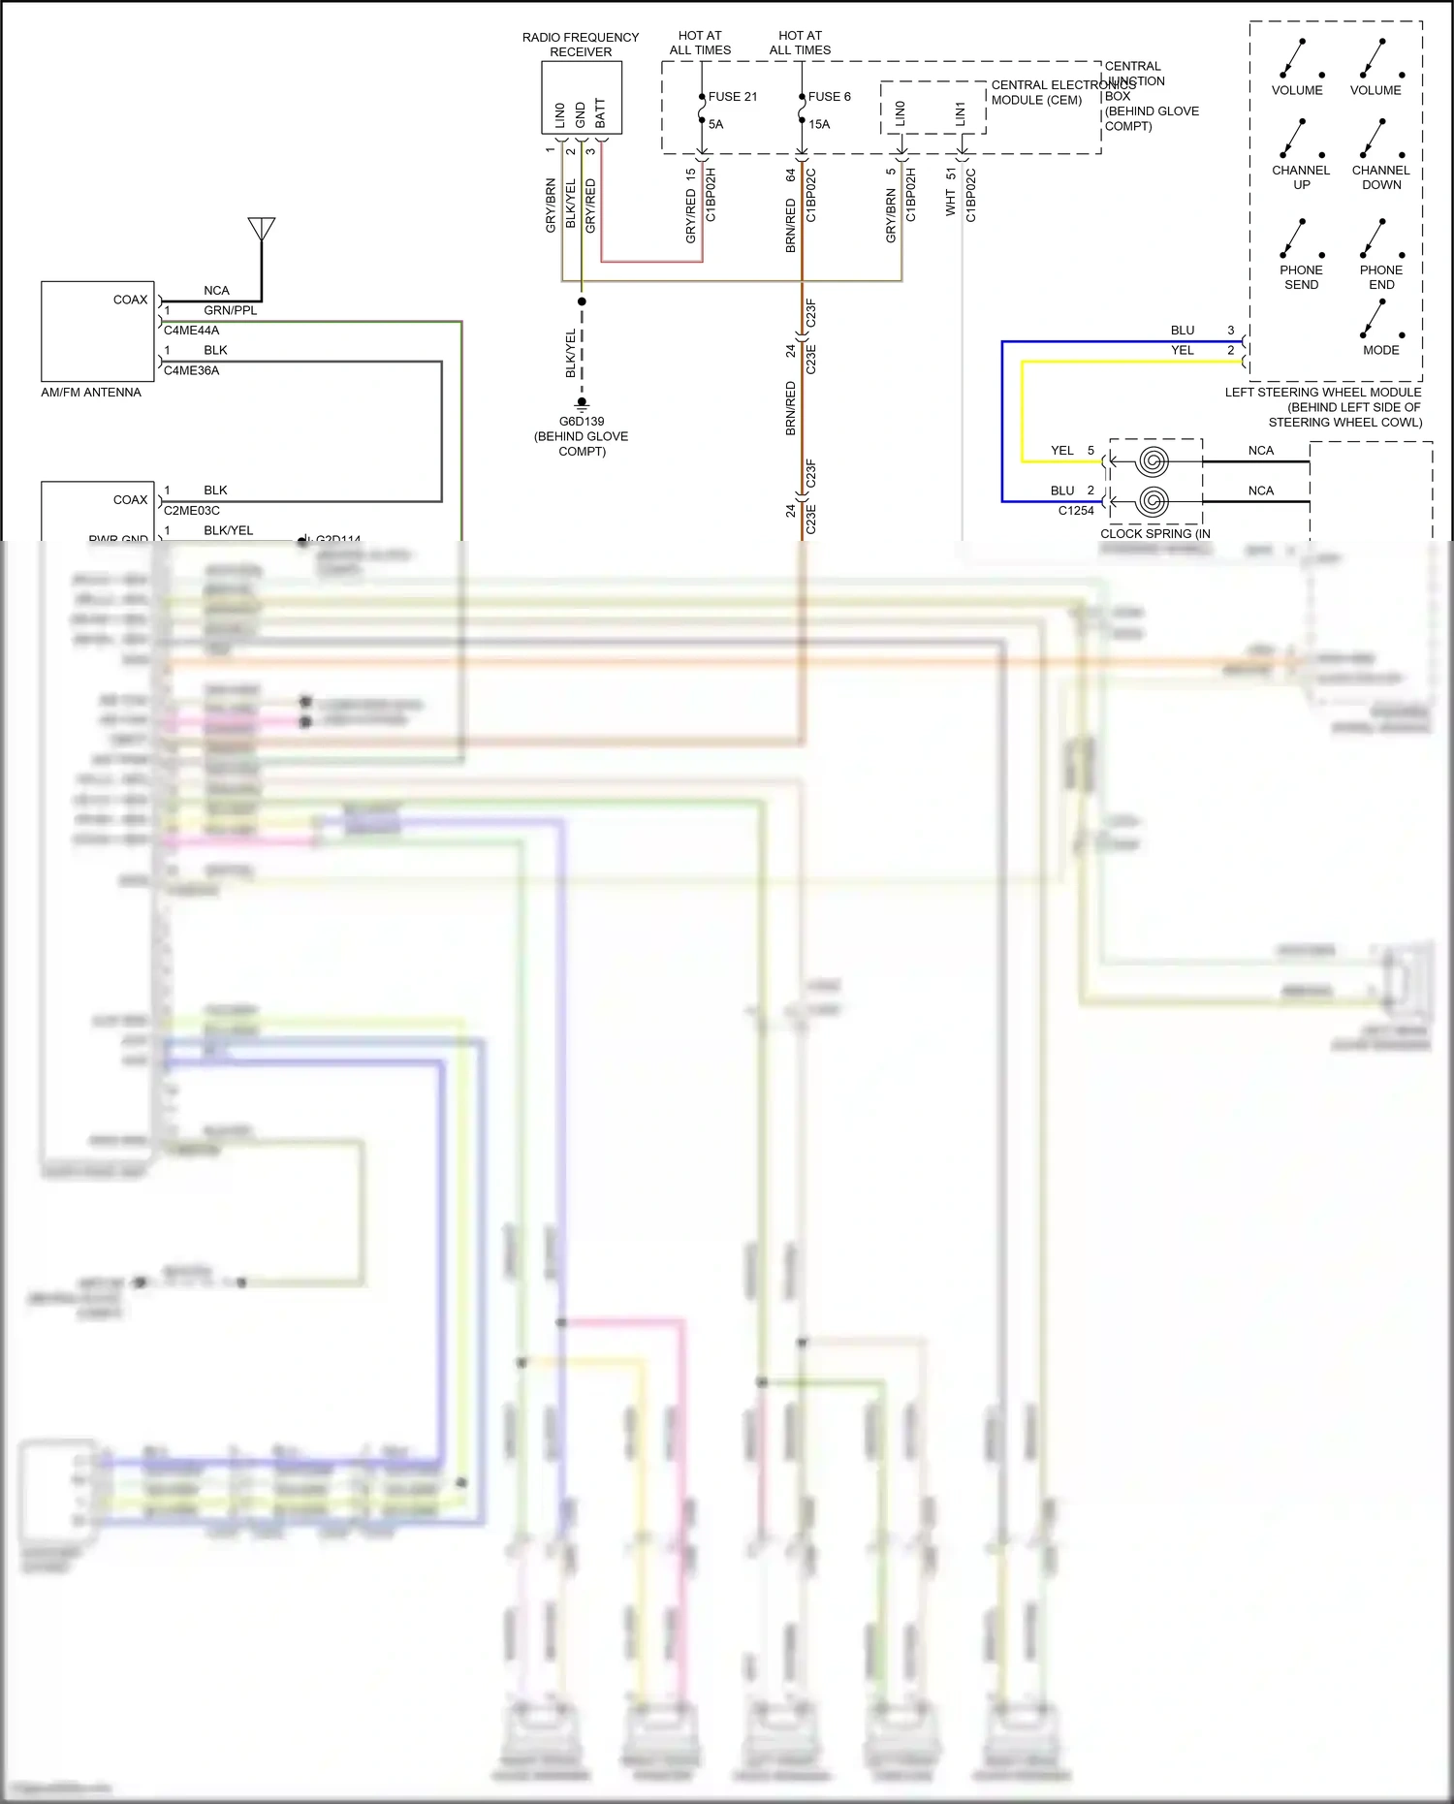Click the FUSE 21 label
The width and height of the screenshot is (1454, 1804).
coord(732,97)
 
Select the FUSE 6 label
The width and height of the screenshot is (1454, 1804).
coord(829,97)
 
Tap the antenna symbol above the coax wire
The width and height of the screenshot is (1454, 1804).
coord(262,229)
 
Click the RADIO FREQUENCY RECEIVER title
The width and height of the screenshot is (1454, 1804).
coord(581,45)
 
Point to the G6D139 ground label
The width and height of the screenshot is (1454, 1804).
coord(582,422)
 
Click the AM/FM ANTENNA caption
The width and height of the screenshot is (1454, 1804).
coord(91,393)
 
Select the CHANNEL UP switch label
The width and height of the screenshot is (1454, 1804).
coord(1301,177)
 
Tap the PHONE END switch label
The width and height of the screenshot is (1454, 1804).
coord(1381,277)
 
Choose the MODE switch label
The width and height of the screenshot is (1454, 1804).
coord(1381,350)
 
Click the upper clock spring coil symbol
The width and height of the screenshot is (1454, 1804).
coord(1153,460)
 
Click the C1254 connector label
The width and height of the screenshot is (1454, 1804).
coord(1076,511)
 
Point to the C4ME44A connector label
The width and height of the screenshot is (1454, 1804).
coord(191,331)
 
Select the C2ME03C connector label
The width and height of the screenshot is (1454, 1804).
coord(191,511)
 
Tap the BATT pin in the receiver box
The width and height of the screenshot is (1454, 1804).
coord(600,112)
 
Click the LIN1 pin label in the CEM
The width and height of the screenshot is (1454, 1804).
coord(960,113)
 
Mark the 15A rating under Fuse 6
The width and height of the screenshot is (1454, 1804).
coord(819,124)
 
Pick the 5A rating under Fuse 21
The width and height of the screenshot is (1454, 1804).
coord(715,124)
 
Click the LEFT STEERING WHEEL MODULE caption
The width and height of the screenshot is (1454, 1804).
coord(1323,393)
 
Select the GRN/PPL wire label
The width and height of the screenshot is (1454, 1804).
coord(231,310)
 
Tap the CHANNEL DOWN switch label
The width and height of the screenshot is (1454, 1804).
coord(1381,177)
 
